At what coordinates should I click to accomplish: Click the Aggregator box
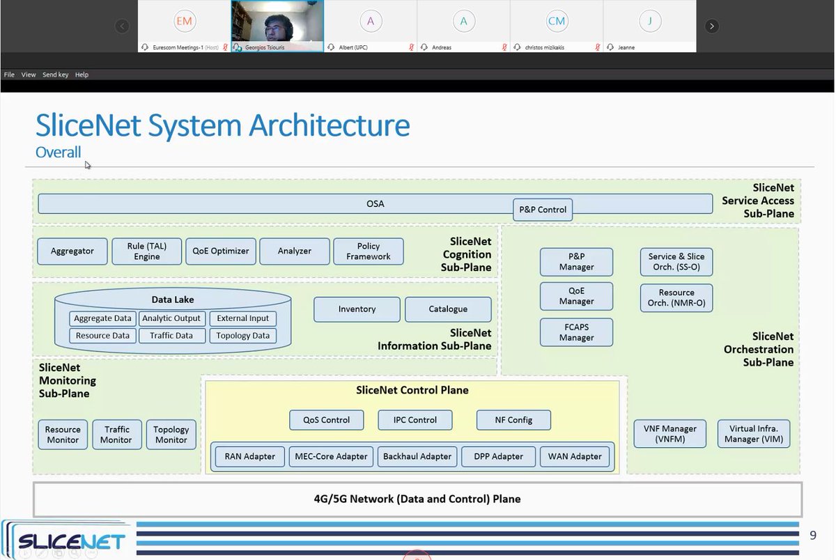coord(72,251)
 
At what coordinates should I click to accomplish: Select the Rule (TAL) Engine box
coord(147,251)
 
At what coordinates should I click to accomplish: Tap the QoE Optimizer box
coord(221,251)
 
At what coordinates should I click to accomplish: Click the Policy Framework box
coord(369,251)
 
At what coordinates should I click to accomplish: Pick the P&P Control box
coord(543,210)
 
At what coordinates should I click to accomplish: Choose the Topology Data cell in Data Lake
coord(242,336)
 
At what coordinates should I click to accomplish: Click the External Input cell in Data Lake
coord(242,318)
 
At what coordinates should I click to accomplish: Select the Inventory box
coord(357,309)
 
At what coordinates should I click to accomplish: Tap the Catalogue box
coord(448,309)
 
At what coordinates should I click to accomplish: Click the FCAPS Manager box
coord(576,332)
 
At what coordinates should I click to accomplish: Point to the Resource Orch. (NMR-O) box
coord(676,297)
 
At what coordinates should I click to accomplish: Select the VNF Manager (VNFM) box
coord(669,434)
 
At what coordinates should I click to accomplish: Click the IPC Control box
coord(415,420)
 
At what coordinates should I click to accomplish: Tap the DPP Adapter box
coord(498,457)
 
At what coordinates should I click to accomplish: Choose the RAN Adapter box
coord(249,457)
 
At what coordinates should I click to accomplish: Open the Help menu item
coord(82,75)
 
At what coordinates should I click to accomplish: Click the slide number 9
coord(812,536)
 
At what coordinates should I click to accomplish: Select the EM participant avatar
coord(184,21)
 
